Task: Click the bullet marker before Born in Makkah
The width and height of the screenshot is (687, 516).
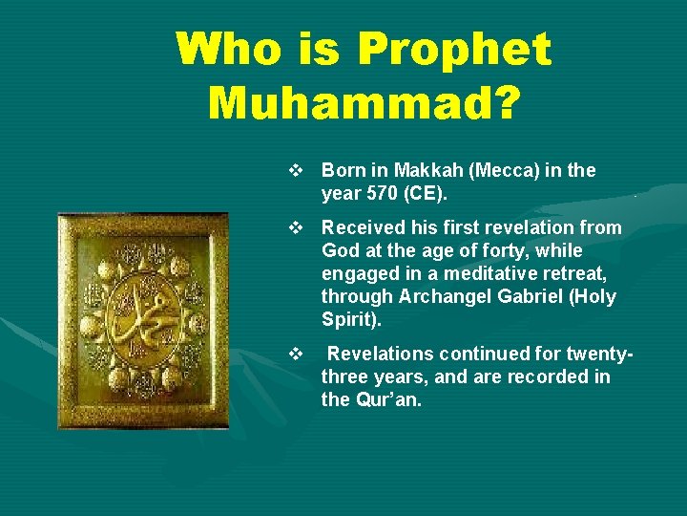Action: (295, 171)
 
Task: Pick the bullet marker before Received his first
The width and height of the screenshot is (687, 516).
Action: (295, 228)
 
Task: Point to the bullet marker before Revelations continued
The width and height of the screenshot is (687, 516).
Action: (295, 355)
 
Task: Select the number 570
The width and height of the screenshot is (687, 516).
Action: (380, 193)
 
